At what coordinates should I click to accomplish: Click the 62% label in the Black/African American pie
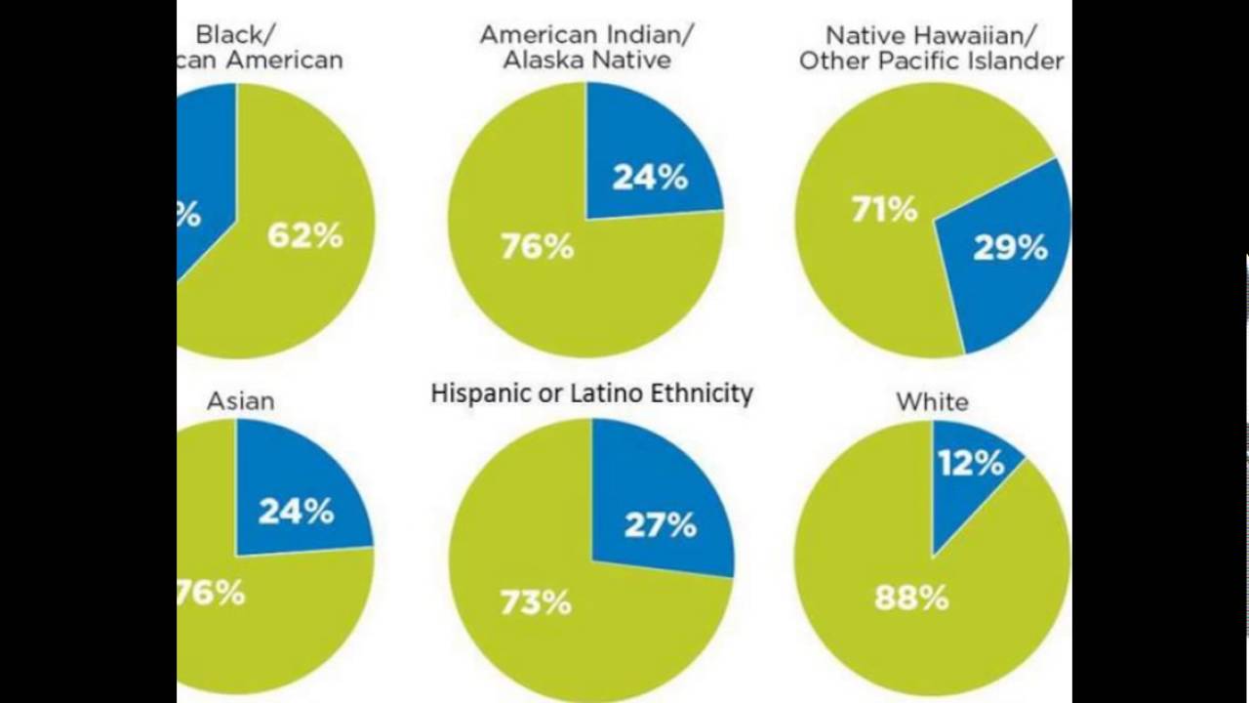click(x=304, y=235)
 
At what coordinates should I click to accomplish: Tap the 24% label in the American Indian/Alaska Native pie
click(x=650, y=178)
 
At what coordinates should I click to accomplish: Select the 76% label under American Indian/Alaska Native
click(x=537, y=247)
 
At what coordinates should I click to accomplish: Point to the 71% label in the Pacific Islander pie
click(x=884, y=209)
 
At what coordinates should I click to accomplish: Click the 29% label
click(x=1010, y=248)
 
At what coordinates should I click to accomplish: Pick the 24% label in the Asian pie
click(x=296, y=512)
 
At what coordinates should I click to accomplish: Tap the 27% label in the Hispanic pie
click(x=660, y=525)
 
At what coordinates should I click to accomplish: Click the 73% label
click(x=536, y=603)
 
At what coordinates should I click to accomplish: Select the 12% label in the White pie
click(x=971, y=462)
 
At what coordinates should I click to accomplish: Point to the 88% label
click(x=911, y=598)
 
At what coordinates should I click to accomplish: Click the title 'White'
click(x=932, y=401)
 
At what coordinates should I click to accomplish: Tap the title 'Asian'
click(x=240, y=400)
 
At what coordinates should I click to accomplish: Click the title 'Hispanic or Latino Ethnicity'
click(x=591, y=393)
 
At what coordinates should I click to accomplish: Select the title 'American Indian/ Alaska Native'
click(x=586, y=47)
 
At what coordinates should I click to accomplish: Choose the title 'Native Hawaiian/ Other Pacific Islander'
click(x=931, y=48)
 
